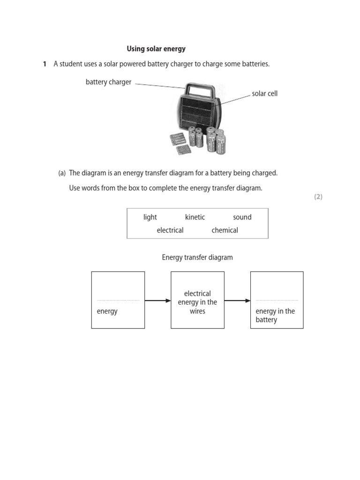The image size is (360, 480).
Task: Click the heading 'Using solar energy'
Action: pos(156,49)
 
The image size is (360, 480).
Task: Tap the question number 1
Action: pos(45,64)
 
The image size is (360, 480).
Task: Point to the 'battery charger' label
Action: pos(108,82)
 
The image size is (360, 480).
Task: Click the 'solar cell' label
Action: pos(264,94)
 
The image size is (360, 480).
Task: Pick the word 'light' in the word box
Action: pos(150,217)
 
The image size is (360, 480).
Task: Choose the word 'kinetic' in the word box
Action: pos(195,217)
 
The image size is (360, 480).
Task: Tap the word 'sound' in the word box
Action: pos(242,217)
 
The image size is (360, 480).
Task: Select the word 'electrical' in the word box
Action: pos(170,230)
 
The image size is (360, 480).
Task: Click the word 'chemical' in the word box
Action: pos(225,230)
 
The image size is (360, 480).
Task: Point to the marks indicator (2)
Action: pos(318,197)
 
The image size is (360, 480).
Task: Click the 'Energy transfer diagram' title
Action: pos(197,257)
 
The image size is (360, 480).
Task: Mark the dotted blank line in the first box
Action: pos(118,300)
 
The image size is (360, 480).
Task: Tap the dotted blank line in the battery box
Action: pos(277,300)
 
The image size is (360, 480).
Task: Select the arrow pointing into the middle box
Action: pos(157,300)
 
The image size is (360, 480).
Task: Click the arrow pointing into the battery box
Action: pos(237,300)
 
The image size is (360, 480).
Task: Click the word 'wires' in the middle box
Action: pos(197,311)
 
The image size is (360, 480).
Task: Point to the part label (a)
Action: pos(62,173)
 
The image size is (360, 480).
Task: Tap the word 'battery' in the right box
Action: pos(266,320)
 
